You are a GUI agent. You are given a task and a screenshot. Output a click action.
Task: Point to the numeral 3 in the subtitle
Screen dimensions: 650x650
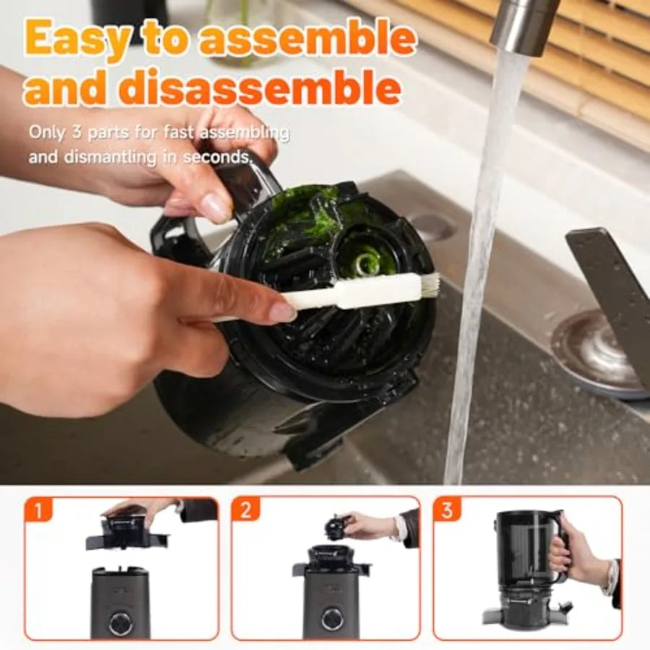(77, 134)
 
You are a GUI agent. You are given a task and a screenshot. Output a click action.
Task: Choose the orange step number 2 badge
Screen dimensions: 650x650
(246, 510)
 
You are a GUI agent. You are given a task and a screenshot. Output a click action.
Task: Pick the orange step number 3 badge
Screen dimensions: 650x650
(446, 510)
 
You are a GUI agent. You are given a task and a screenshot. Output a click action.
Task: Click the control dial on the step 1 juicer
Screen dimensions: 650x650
(121, 620)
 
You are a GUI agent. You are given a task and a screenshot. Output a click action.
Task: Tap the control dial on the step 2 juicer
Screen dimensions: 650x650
(333, 619)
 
